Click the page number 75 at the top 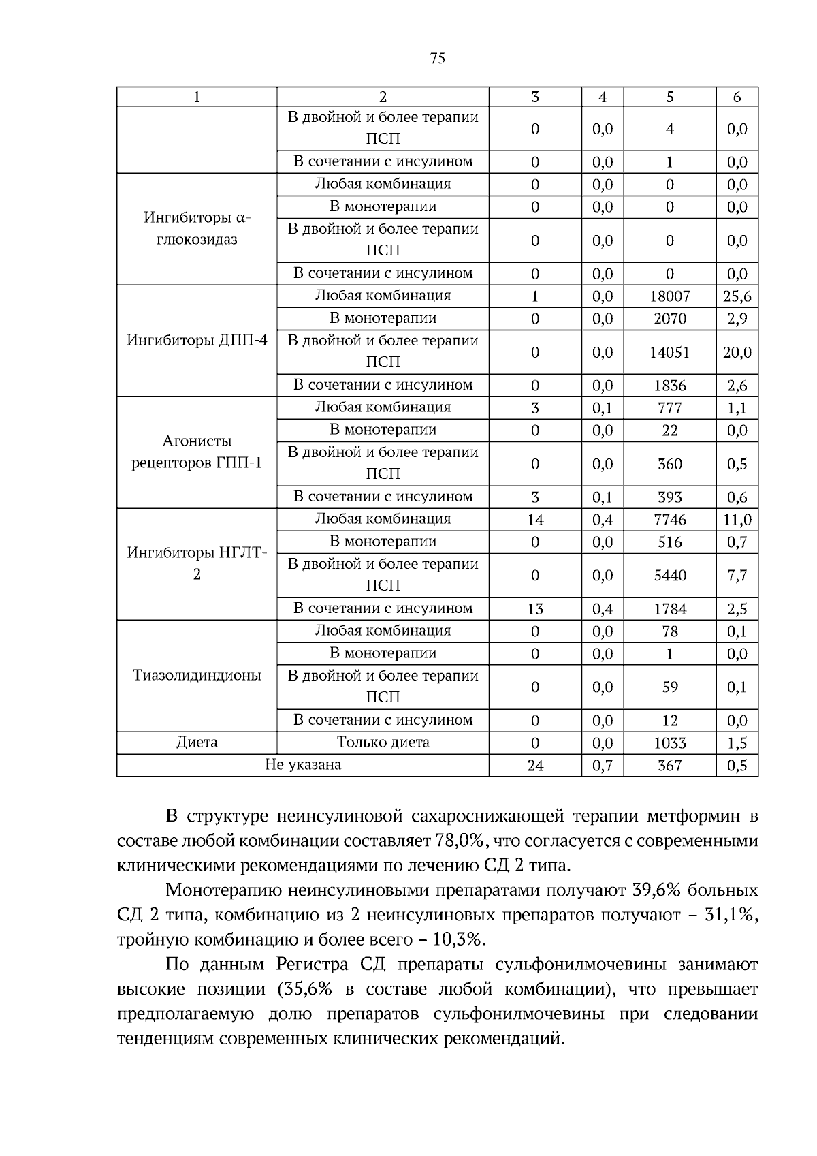click(438, 59)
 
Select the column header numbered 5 click(669, 97)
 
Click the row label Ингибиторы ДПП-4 click(197, 340)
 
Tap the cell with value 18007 click(669, 296)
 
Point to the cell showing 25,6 click(737, 296)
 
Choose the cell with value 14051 click(669, 352)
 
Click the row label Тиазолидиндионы click(197, 675)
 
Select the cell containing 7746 click(669, 520)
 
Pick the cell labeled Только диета click(383, 742)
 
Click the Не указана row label click(302, 764)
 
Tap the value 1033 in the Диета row click(669, 743)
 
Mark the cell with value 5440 click(669, 576)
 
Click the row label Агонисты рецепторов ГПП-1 click(197, 452)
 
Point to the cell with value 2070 click(669, 319)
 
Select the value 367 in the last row click(669, 766)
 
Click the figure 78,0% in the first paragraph click(458, 841)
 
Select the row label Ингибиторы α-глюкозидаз click(197, 228)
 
